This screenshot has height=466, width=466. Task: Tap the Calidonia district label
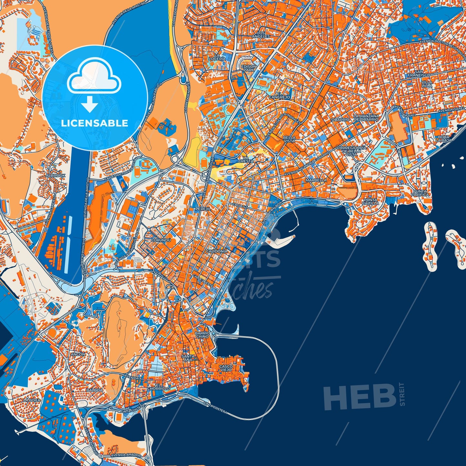(216, 251)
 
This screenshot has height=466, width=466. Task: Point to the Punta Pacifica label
(420, 193)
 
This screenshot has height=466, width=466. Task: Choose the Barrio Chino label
(202, 334)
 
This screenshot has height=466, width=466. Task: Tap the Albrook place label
(55, 175)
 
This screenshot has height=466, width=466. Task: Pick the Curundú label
(160, 240)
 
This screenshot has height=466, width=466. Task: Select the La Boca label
(32, 400)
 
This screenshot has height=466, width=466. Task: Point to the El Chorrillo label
(158, 387)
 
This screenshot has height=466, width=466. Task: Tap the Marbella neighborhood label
(316, 180)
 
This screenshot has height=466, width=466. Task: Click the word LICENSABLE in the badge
(94, 123)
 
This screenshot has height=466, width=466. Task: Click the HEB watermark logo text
(360, 397)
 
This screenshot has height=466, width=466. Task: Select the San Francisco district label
(419, 73)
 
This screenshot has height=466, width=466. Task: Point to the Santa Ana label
(188, 358)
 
